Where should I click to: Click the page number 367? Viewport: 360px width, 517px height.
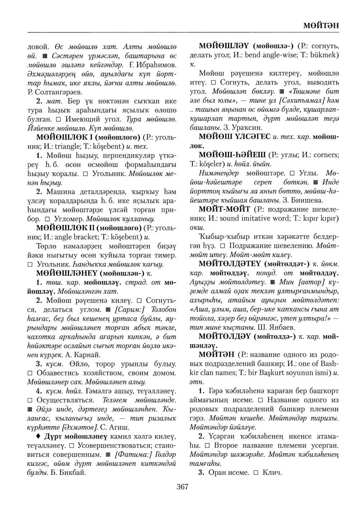click(x=183, y=487)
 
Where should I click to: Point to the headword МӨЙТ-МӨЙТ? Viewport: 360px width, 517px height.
click(x=225, y=209)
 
